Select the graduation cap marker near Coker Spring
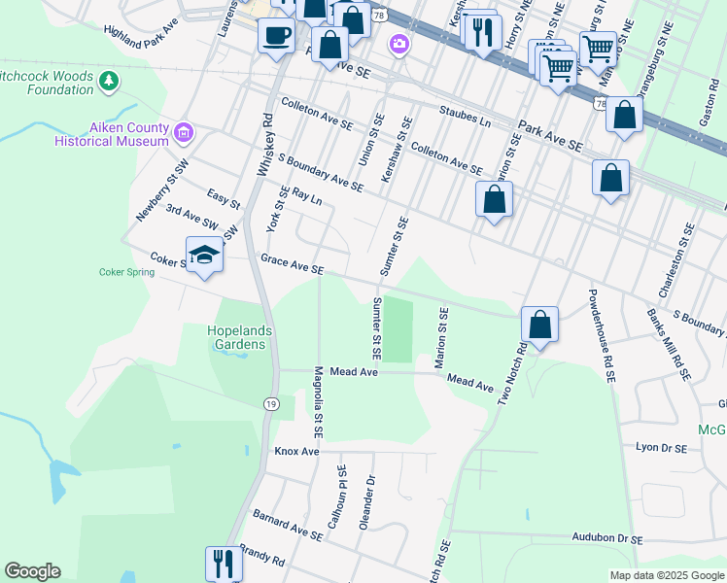204,257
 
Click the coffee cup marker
276,37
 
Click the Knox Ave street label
296,452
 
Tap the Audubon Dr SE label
607,537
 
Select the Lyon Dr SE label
661,449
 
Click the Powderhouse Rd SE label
600,336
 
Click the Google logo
32,571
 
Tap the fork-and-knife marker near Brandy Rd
224,564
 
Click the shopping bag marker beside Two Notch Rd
539,325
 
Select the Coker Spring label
126,272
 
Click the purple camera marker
398,44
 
